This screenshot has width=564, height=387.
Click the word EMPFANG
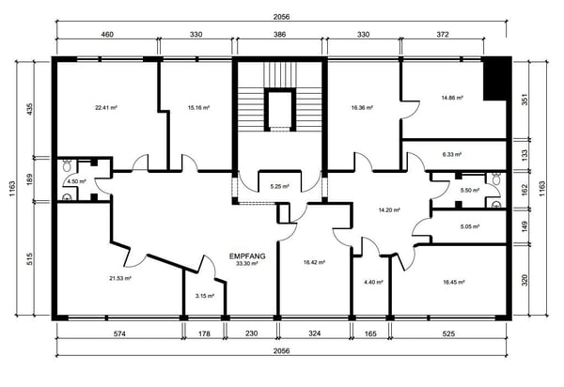(x=247, y=256)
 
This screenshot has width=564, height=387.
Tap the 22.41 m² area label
(x=106, y=107)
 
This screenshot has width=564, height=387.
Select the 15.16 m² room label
(x=199, y=107)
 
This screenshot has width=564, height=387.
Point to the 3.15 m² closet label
(x=205, y=296)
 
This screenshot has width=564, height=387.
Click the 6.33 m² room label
(x=452, y=154)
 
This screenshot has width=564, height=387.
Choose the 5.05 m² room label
(x=470, y=226)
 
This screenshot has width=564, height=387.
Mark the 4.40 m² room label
(x=373, y=282)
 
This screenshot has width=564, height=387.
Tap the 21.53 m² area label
(x=120, y=278)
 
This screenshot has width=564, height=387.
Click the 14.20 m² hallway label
(x=389, y=210)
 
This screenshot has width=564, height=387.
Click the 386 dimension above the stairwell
(x=279, y=35)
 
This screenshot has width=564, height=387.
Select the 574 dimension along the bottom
(x=119, y=333)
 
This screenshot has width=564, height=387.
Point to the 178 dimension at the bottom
(x=204, y=333)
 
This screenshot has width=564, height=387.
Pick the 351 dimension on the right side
(x=525, y=100)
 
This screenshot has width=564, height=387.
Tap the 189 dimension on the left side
(x=29, y=179)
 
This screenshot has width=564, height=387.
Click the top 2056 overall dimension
(x=281, y=17)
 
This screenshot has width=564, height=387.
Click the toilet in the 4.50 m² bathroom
(x=66, y=165)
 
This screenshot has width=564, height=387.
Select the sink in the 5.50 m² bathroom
(x=496, y=205)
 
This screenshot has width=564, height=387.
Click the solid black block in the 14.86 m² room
(x=496, y=78)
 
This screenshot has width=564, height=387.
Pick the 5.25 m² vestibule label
(x=279, y=187)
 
